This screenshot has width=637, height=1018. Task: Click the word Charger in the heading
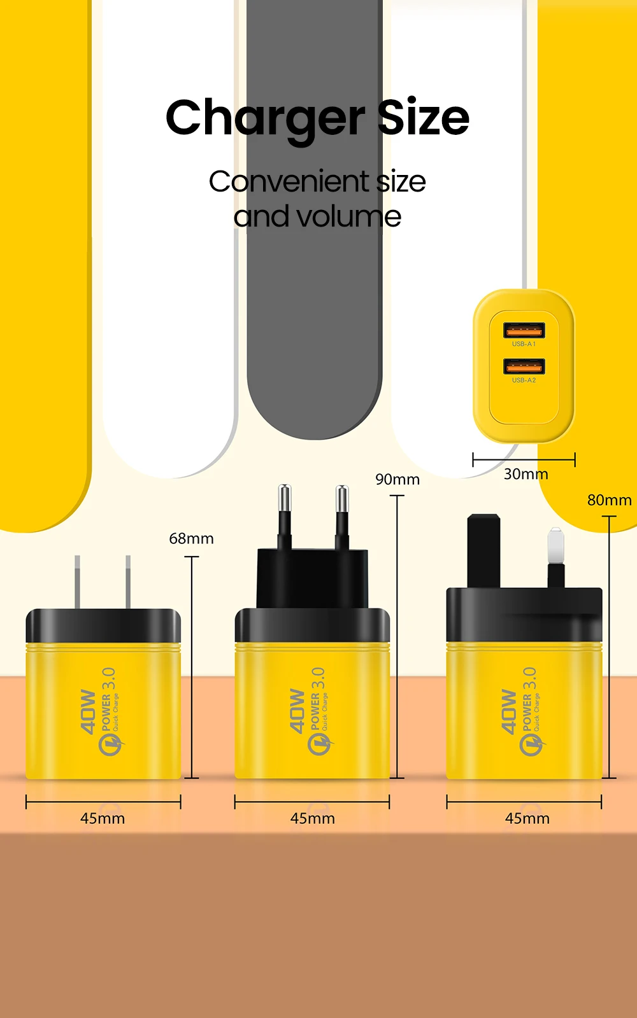tap(265, 118)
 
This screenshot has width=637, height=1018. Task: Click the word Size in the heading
tap(423, 118)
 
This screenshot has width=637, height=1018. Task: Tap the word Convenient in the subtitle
tap(289, 182)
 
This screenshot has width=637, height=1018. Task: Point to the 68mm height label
tap(191, 539)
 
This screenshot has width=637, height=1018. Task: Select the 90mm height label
tap(397, 480)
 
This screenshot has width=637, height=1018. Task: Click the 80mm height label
tap(609, 501)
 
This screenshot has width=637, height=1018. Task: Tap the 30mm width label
tap(526, 475)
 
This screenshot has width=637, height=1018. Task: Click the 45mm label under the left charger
tap(103, 819)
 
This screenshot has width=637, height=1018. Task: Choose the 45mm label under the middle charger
tap(312, 819)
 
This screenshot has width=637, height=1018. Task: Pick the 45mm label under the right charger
tap(527, 819)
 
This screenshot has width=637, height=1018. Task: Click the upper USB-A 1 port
tap(524, 330)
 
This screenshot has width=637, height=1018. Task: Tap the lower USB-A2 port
tap(524, 366)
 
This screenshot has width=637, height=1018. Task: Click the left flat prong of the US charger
tap(77, 582)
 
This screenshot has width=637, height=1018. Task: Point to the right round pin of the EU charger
tap(342, 515)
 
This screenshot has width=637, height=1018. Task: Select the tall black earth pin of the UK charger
tap(483, 550)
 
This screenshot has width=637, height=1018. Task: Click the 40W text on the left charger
tap(88, 711)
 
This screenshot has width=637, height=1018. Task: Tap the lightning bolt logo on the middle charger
tap(320, 743)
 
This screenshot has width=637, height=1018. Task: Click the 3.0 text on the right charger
tap(529, 679)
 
